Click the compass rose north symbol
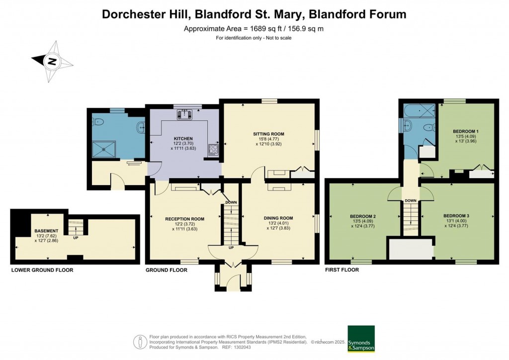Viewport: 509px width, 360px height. pyautogui.click(x=52, y=62)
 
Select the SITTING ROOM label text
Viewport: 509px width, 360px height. pyautogui.click(x=268, y=134)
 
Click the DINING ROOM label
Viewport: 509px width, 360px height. pyautogui.click(x=276, y=218)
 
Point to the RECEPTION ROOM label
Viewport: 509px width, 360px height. pyautogui.click(x=185, y=218)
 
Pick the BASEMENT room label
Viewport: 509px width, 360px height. pyautogui.click(x=46, y=231)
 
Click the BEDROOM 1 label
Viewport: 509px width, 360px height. pyautogui.click(x=466, y=131)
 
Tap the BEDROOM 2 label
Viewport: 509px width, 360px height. pyautogui.click(x=362, y=216)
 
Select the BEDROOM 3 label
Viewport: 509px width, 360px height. pyautogui.click(x=456, y=216)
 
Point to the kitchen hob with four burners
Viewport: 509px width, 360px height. pyautogui.click(x=214, y=149)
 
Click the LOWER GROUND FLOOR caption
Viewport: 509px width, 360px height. pyautogui.click(x=42, y=270)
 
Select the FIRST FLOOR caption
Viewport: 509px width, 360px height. pyautogui.click(x=342, y=270)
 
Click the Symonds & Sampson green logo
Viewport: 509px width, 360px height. pyautogui.click(x=360, y=339)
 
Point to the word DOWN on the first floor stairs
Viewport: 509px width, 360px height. pyautogui.click(x=410, y=201)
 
